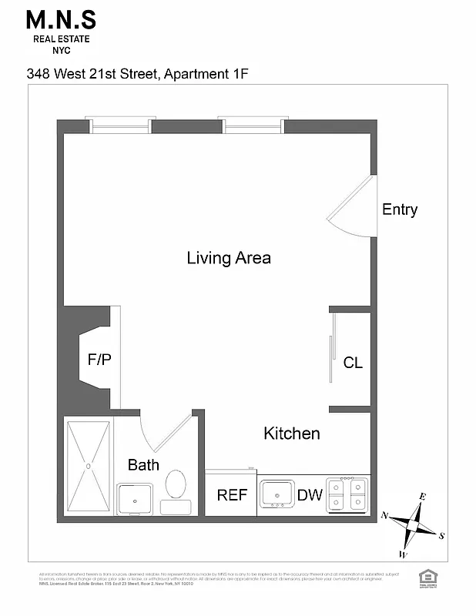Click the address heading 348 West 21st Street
[x=139, y=74]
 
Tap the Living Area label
[x=229, y=258]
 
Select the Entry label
[x=400, y=209]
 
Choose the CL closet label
[x=353, y=363]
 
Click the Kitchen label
[x=291, y=434]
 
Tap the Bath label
[x=143, y=464]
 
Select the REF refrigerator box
[x=231, y=494]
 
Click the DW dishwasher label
[x=310, y=495]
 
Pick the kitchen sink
[x=277, y=493]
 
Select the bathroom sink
[x=135, y=499]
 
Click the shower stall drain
[x=89, y=466]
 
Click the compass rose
[x=414, y=525]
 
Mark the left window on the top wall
[x=119, y=125]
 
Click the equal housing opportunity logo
[x=426, y=577]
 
